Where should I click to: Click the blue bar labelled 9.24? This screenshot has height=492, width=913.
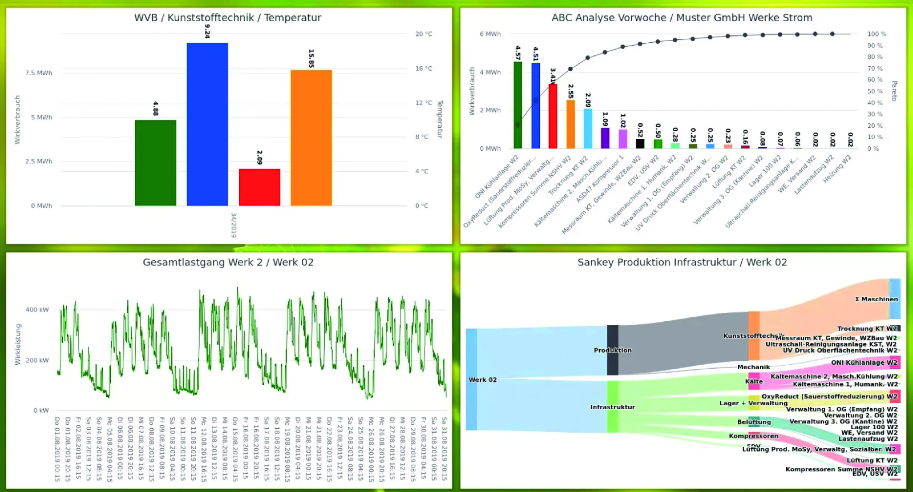point(207,124)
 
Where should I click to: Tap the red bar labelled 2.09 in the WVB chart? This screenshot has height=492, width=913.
point(259,187)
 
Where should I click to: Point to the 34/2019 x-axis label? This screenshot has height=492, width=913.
point(234,225)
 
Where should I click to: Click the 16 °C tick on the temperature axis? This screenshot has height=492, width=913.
point(424,68)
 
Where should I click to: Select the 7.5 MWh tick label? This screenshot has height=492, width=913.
point(39,73)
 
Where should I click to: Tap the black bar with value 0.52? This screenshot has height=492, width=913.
point(640,144)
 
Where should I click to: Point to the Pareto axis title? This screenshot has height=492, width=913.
point(894,91)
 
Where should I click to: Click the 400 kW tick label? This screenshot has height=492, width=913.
point(37,310)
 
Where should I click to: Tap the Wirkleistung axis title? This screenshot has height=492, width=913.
point(18,344)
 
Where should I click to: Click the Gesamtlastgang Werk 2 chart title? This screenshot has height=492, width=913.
point(228,262)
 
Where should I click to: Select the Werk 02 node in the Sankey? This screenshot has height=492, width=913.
point(471,379)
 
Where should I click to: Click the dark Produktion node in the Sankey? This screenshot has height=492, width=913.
point(612,350)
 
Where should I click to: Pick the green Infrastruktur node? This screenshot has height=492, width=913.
point(612,407)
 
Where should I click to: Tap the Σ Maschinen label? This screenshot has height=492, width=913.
point(876,299)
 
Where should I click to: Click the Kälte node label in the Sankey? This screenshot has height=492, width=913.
point(753,381)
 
